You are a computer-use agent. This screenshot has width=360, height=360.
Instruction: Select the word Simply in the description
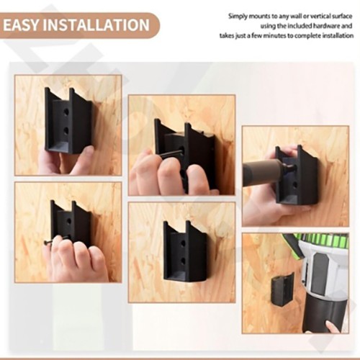pos(239,16)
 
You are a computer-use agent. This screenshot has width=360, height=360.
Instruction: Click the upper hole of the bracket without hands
pos(184,242)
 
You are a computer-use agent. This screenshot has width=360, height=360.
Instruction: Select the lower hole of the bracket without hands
pos(184,261)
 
